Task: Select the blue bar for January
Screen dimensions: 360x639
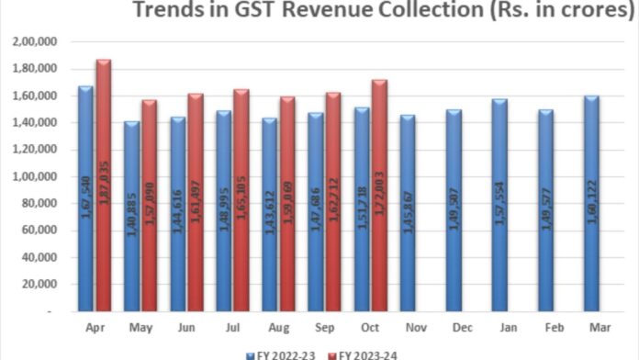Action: click(500, 206)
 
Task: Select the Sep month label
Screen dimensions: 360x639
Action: click(324, 328)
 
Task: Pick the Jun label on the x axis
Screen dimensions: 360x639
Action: click(186, 328)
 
